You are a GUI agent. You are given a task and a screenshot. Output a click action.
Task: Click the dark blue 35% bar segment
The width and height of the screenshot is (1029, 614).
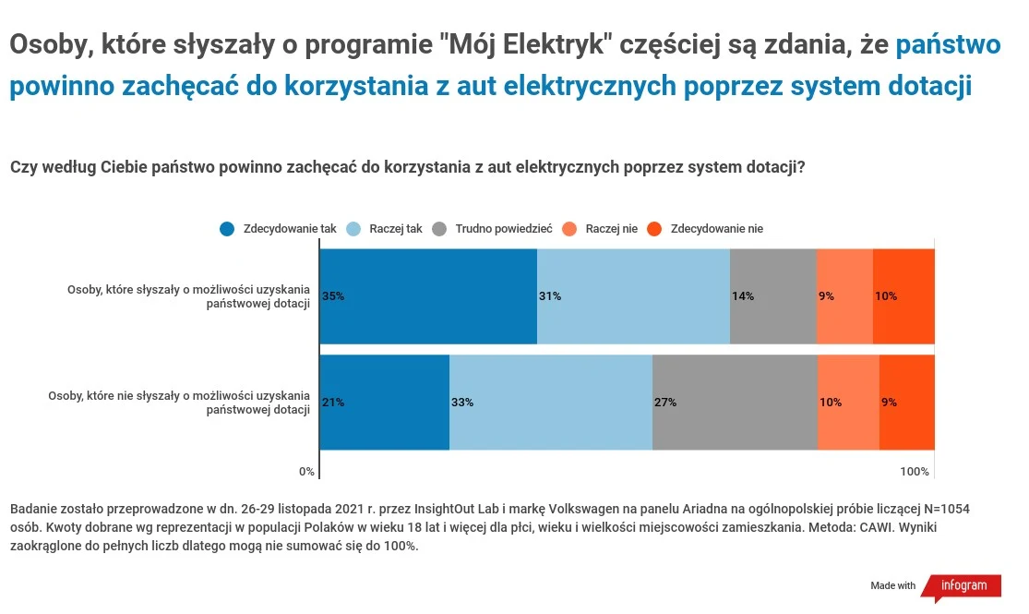[x=428, y=296]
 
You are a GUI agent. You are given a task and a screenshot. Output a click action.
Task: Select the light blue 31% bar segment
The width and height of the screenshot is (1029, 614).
[x=633, y=296]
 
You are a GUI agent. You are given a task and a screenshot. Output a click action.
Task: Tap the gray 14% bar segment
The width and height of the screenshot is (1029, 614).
[x=773, y=296]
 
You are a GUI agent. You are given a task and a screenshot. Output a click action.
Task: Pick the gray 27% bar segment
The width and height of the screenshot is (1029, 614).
[x=735, y=403]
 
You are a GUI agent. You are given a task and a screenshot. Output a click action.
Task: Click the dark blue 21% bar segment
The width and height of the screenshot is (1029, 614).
[x=384, y=403]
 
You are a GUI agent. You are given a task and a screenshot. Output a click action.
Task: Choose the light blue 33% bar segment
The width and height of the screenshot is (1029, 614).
[x=551, y=403]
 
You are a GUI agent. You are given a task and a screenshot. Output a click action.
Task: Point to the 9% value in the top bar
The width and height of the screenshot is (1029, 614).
[x=826, y=296]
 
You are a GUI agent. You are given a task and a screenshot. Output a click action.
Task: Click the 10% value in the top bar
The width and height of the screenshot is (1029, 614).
[x=886, y=296]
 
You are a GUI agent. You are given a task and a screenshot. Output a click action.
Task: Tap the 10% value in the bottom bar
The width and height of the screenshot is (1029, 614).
[x=831, y=403]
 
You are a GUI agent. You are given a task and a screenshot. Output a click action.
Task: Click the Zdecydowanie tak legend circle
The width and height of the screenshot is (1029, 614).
[x=227, y=229]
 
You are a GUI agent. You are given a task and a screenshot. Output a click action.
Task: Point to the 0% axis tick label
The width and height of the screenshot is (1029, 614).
[x=306, y=472]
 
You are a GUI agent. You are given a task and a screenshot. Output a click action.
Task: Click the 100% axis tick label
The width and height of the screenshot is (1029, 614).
[x=915, y=472]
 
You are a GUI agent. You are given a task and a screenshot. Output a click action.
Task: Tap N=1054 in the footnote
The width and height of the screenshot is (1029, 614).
[x=945, y=509]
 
